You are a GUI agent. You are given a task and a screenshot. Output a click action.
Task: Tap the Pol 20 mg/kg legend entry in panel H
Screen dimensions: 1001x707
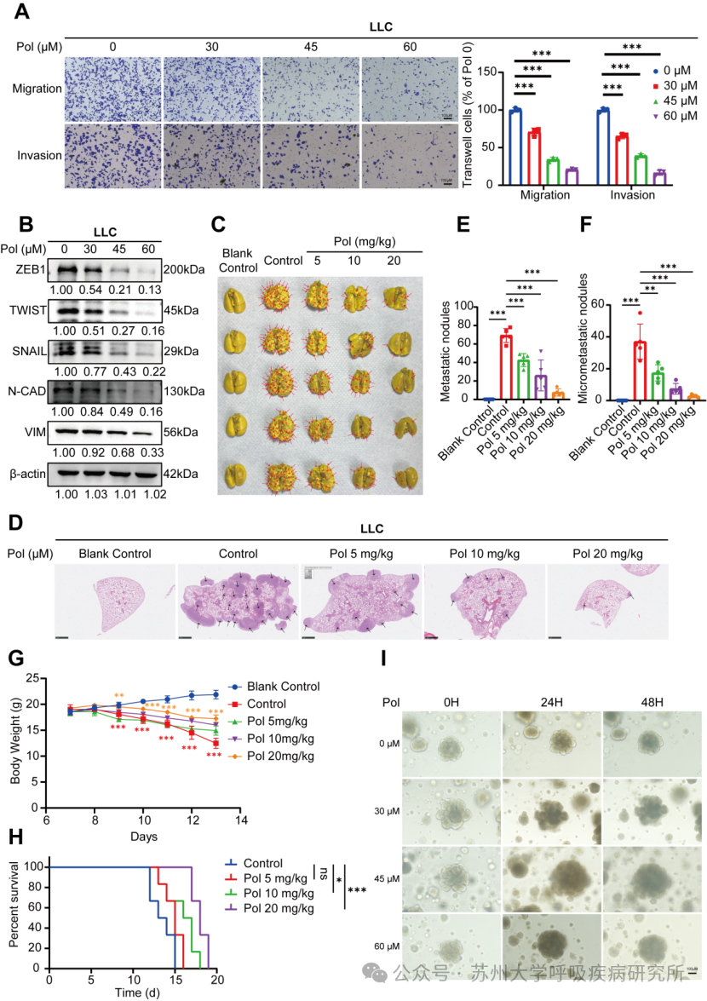pos(279,909)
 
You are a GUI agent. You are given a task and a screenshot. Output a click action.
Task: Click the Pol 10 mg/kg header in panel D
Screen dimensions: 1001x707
pos(483,553)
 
